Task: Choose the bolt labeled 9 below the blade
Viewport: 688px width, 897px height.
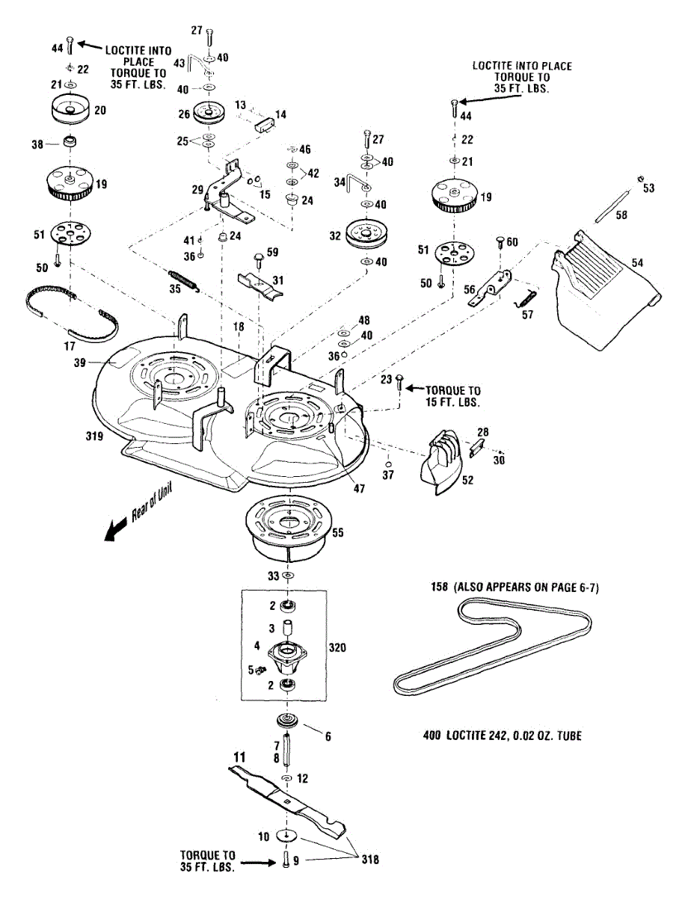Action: pos(286,861)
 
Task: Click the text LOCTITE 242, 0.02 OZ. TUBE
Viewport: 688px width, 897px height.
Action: pos(502,736)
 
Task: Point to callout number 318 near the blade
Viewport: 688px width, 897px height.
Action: pos(369,860)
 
